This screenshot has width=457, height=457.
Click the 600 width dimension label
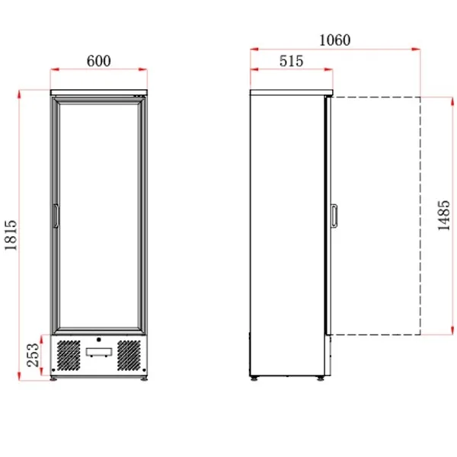coord(99,61)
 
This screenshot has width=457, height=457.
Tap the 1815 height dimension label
coord(11,235)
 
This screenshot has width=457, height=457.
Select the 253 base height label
coord(33,355)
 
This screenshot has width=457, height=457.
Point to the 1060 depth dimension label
coord(335,40)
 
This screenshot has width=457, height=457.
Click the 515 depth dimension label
coord(292,61)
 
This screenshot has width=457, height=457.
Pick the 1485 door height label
coord(444,216)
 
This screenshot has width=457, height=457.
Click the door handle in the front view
coord(56,216)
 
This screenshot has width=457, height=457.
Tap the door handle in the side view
coord(334,216)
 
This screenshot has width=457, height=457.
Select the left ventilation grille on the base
coord(69,355)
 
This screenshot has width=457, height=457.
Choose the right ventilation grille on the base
coord(129,355)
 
